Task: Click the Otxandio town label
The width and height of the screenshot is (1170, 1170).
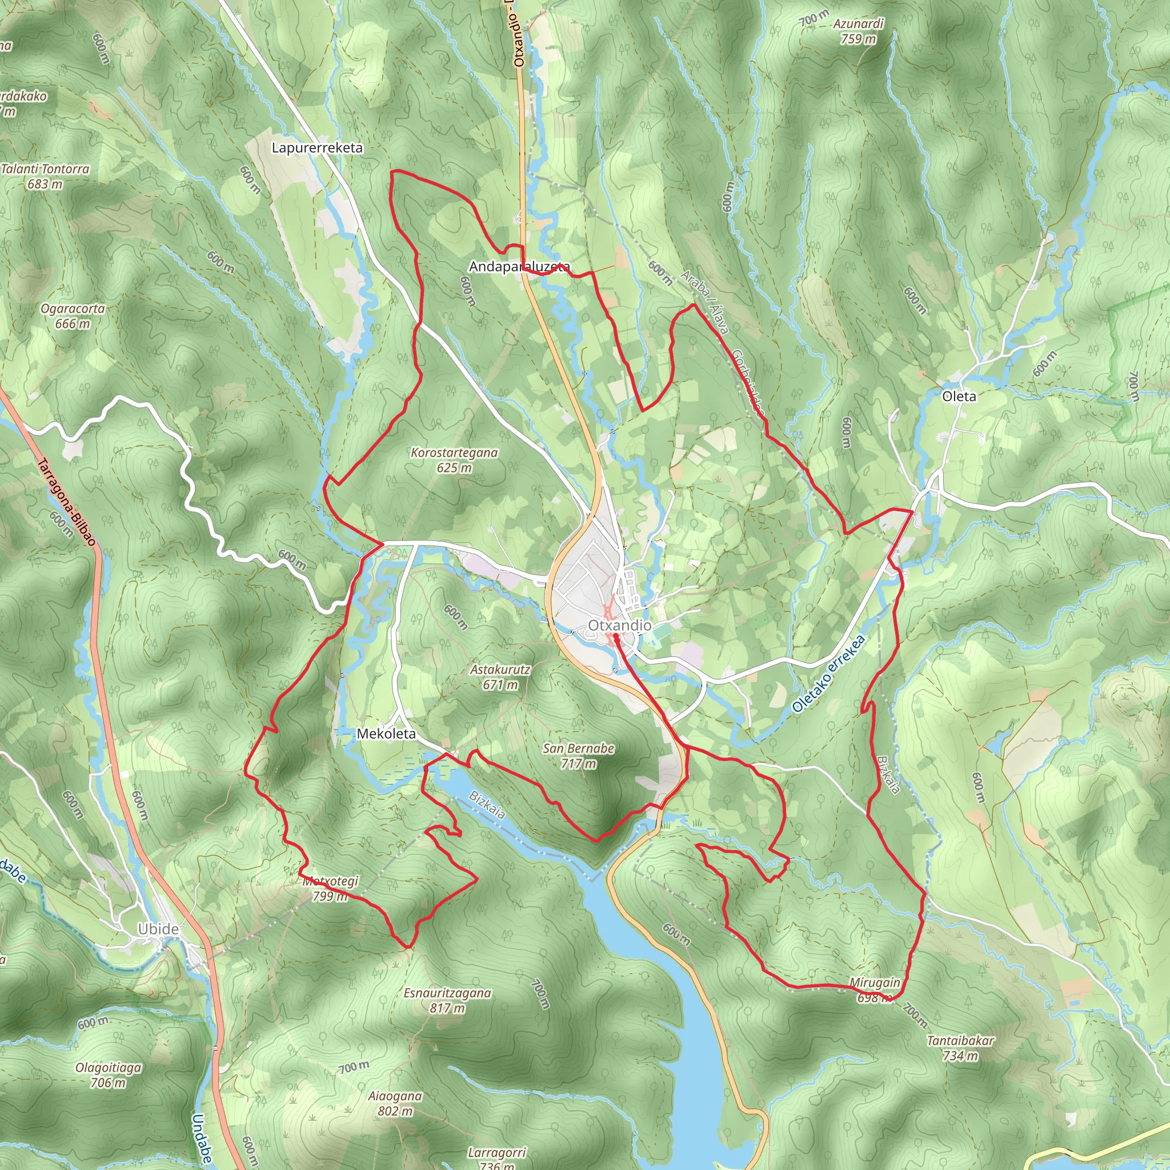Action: pos(619,625)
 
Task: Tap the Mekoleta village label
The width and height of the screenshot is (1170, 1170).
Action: pos(386,734)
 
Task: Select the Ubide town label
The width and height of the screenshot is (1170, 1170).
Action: pos(158,929)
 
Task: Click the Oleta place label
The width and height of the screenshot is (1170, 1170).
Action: pos(959,396)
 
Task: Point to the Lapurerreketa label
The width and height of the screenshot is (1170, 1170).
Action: pos(316,148)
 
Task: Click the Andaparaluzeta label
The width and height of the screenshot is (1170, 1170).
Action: pos(519,266)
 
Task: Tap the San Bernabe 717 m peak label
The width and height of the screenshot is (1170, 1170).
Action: pos(578,756)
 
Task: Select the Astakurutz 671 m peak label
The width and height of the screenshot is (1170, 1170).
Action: pos(500,677)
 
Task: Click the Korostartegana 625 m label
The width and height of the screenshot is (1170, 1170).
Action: pos(454,460)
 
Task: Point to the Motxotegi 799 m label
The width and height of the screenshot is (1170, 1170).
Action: pos(331,888)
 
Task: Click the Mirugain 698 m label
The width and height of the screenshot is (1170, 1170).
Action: pos(875,989)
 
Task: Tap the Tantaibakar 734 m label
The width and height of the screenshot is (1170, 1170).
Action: pos(960,1048)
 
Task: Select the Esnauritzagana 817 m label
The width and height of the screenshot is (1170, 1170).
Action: pos(447,1000)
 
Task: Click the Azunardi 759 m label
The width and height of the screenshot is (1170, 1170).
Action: pos(858,31)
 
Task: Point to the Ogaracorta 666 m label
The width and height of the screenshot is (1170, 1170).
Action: pos(73,316)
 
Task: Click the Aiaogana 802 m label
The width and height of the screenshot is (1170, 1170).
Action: pos(395,1103)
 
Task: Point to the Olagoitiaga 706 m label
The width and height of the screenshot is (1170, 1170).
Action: pos(109,1075)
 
